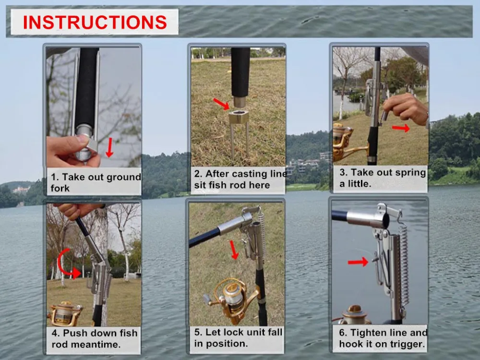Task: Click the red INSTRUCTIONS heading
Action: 95,22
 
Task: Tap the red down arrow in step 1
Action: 109,147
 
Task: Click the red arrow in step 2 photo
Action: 221,104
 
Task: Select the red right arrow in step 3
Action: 401,128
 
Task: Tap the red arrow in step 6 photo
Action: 358,262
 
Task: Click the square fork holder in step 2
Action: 239,117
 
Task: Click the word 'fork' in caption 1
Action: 60,188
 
